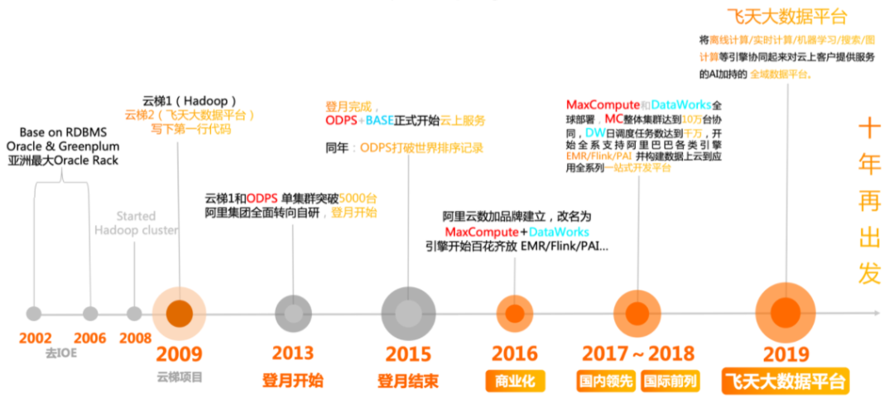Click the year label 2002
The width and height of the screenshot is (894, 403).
(34, 338)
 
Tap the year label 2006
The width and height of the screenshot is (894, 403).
(89, 338)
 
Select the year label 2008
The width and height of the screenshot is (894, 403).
(135, 338)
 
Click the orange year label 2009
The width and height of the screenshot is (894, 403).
(180, 353)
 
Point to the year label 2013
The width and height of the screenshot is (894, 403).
(292, 353)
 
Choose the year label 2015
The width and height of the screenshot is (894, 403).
(408, 353)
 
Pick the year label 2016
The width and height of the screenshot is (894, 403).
(515, 353)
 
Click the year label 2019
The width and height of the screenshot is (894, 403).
(785, 353)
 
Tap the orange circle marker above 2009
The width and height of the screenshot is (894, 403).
(180, 314)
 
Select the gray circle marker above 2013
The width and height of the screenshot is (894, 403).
(292, 314)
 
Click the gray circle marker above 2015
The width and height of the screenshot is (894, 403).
(408, 314)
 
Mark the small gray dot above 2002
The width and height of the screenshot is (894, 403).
(34, 314)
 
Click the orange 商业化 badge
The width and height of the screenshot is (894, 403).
(515, 381)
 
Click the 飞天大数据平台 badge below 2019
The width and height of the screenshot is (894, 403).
(785, 382)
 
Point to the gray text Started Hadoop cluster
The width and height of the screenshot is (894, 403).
(136, 223)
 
